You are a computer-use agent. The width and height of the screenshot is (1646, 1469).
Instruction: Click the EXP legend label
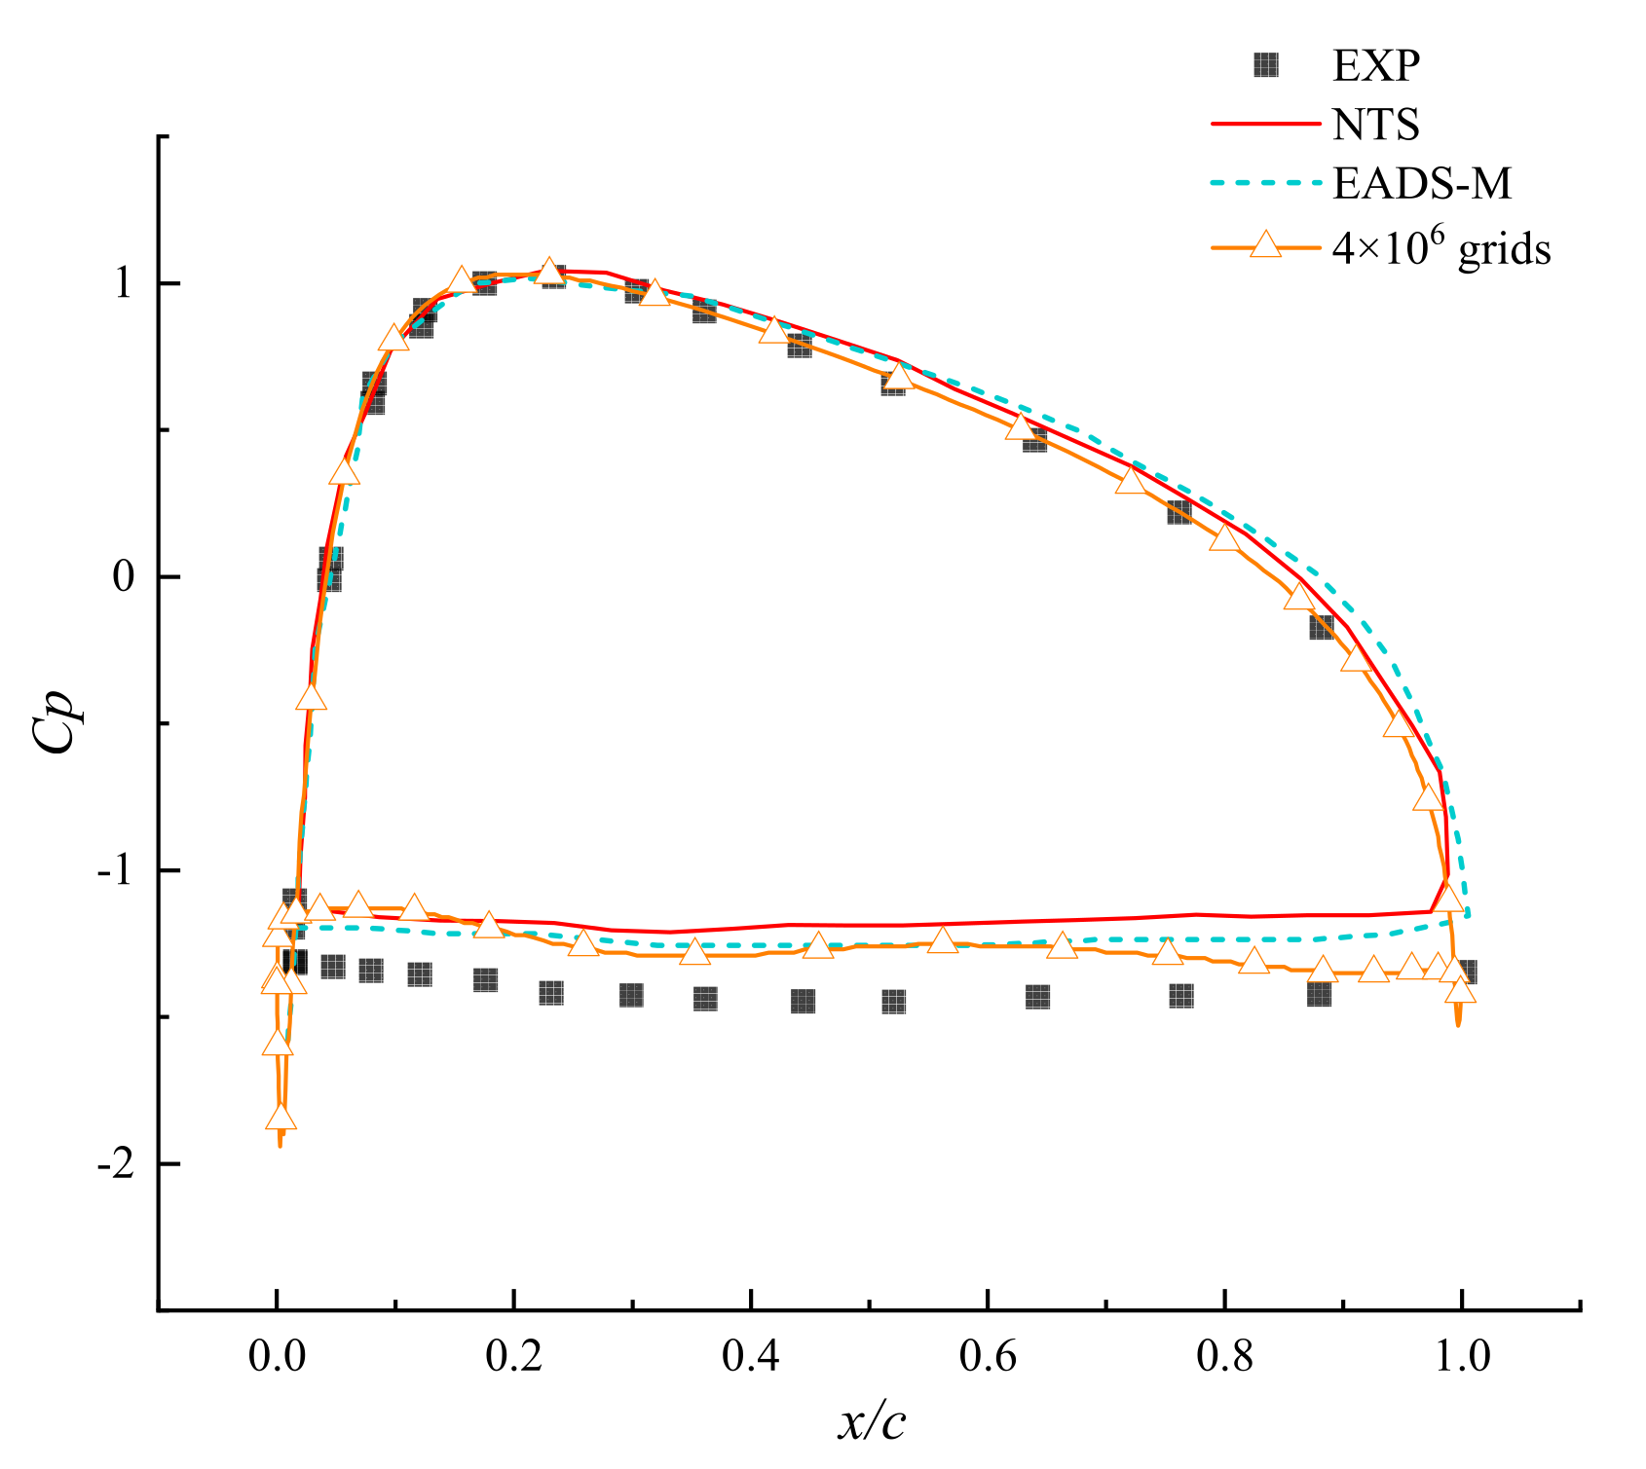click(x=1375, y=66)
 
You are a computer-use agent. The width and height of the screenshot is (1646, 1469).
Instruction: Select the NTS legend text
click(x=1375, y=125)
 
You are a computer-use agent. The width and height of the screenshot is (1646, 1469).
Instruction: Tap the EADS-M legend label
click(x=1422, y=183)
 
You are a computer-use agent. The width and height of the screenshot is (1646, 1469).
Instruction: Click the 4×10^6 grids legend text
click(x=1440, y=249)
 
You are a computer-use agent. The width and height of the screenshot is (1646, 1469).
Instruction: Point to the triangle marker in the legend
click(x=1264, y=243)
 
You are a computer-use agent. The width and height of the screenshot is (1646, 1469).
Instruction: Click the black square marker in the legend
click(x=1265, y=65)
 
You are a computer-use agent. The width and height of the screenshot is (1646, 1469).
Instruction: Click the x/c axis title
click(x=872, y=1422)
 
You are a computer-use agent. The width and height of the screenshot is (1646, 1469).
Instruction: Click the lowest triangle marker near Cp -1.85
click(x=281, y=1118)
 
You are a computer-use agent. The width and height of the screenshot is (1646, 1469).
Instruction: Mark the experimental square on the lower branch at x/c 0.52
click(x=893, y=1002)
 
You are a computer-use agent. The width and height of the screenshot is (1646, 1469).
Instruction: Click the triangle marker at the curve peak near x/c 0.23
click(x=550, y=272)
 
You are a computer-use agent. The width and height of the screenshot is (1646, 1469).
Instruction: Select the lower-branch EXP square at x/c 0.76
click(x=1180, y=996)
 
